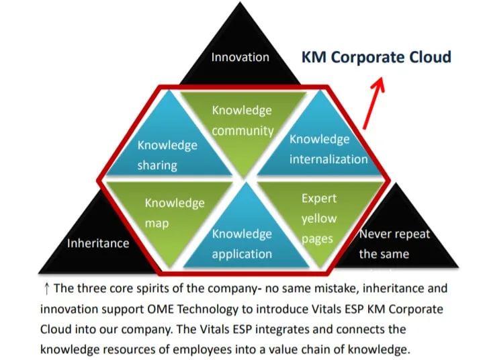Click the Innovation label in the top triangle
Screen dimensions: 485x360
240,57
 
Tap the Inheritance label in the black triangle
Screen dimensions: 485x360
98,243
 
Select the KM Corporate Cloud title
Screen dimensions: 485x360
376,57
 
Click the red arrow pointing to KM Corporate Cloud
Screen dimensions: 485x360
373,103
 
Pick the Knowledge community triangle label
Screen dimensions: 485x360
242,121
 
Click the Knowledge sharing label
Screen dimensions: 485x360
167,155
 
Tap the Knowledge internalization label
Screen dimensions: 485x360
328,149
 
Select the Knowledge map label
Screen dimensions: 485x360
175,213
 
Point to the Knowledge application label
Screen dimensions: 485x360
242,244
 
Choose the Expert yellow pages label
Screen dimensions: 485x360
319,218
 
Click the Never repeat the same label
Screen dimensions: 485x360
395,244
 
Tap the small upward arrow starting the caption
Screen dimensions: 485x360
47,289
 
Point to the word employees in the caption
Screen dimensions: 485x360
202,349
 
